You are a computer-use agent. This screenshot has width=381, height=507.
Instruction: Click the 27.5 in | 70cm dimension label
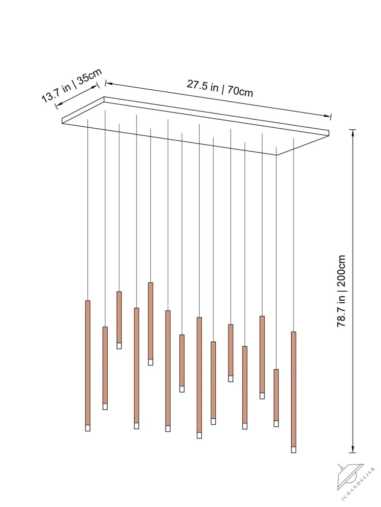click(219, 88)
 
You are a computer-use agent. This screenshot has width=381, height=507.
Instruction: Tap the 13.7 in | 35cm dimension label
click(72, 85)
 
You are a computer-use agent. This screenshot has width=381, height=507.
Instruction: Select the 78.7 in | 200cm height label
click(341, 291)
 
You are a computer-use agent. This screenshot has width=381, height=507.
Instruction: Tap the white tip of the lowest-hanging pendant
click(294, 449)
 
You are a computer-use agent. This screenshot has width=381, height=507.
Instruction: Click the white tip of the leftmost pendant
click(88, 428)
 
